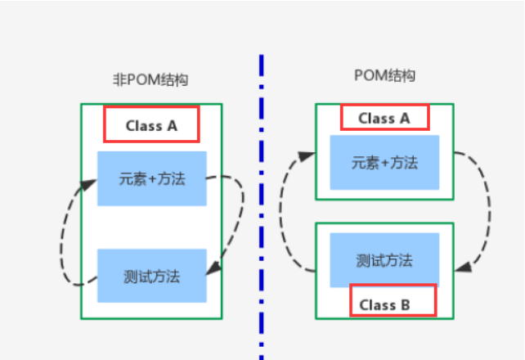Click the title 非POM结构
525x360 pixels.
150,80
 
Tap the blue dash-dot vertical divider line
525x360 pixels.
261,205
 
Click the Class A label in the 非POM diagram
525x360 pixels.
150,126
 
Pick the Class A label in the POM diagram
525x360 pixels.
384,118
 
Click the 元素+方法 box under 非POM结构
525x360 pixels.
151,178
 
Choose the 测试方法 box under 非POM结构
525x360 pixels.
151,276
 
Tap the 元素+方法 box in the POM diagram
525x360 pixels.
384,162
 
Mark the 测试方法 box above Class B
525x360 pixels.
384,260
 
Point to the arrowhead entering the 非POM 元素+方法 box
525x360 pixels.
91,184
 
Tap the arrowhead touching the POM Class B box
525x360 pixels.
460,267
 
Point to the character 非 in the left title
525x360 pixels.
118,80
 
